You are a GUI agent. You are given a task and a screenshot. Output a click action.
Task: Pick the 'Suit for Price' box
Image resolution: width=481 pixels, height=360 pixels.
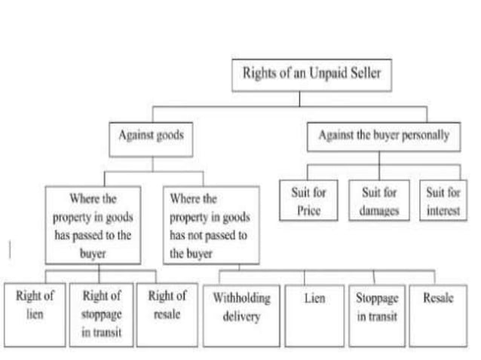308,201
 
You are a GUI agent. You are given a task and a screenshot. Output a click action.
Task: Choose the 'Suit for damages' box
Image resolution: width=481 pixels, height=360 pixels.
378,201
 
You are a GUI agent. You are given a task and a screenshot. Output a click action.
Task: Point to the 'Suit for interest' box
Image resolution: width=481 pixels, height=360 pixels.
443,201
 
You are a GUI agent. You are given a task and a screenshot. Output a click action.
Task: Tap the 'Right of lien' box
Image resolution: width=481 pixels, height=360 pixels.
35,313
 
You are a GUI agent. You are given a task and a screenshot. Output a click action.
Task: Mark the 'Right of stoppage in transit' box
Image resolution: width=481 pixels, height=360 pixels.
102,313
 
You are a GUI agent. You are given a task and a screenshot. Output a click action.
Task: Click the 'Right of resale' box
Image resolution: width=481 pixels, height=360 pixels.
167,313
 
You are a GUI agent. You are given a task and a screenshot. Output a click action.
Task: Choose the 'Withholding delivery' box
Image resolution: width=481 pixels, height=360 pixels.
241,313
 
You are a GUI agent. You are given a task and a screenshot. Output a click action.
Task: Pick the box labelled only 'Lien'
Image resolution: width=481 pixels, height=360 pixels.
314,313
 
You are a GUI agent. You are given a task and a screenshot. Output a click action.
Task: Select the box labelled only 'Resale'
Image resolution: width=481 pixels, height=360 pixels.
438,313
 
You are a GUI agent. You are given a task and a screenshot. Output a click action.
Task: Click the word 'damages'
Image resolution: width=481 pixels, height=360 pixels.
378,211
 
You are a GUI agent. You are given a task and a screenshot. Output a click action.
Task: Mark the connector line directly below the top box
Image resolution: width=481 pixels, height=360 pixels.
299,97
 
